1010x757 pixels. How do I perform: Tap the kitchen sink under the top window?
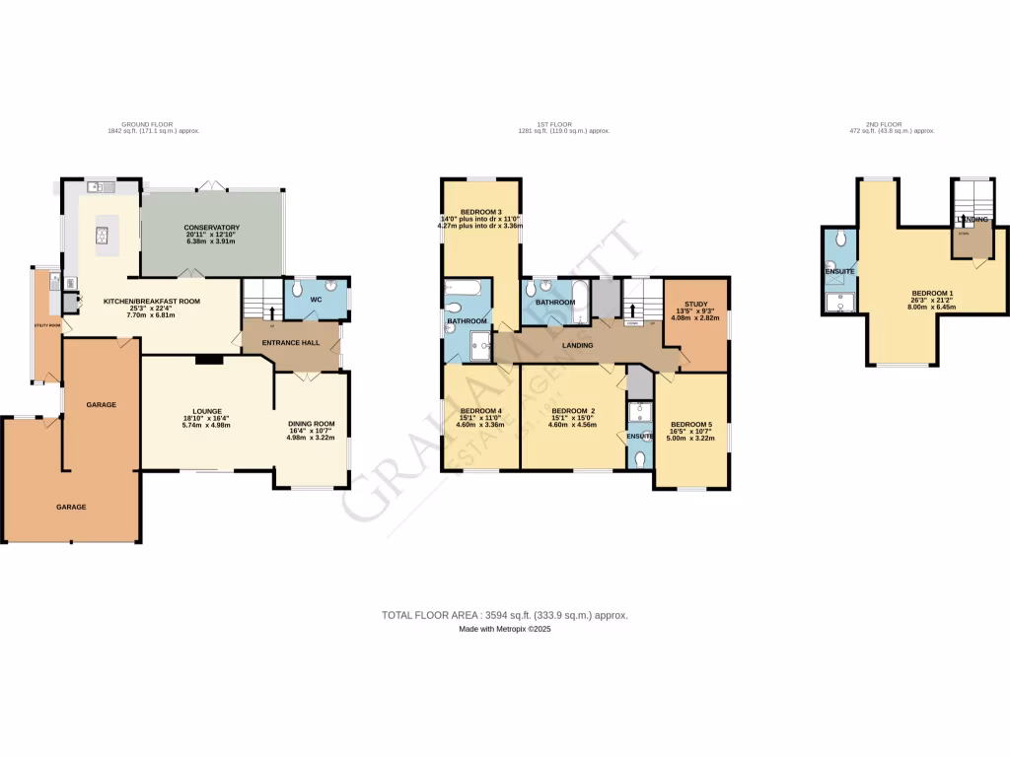point(100,187)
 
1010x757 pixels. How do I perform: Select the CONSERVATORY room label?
point(212,229)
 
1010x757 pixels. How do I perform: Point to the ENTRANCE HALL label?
point(289,341)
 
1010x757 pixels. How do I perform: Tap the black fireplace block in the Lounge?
point(208,361)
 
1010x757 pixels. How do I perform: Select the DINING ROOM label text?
point(311,424)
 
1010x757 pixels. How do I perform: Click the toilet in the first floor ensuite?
point(640,458)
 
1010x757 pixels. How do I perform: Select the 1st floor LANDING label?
point(577,345)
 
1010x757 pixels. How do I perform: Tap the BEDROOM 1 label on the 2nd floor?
point(931,294)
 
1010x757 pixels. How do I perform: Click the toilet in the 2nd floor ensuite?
point(837,240)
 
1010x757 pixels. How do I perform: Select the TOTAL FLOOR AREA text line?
point(504,615)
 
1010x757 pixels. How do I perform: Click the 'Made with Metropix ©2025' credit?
point(504,629)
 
